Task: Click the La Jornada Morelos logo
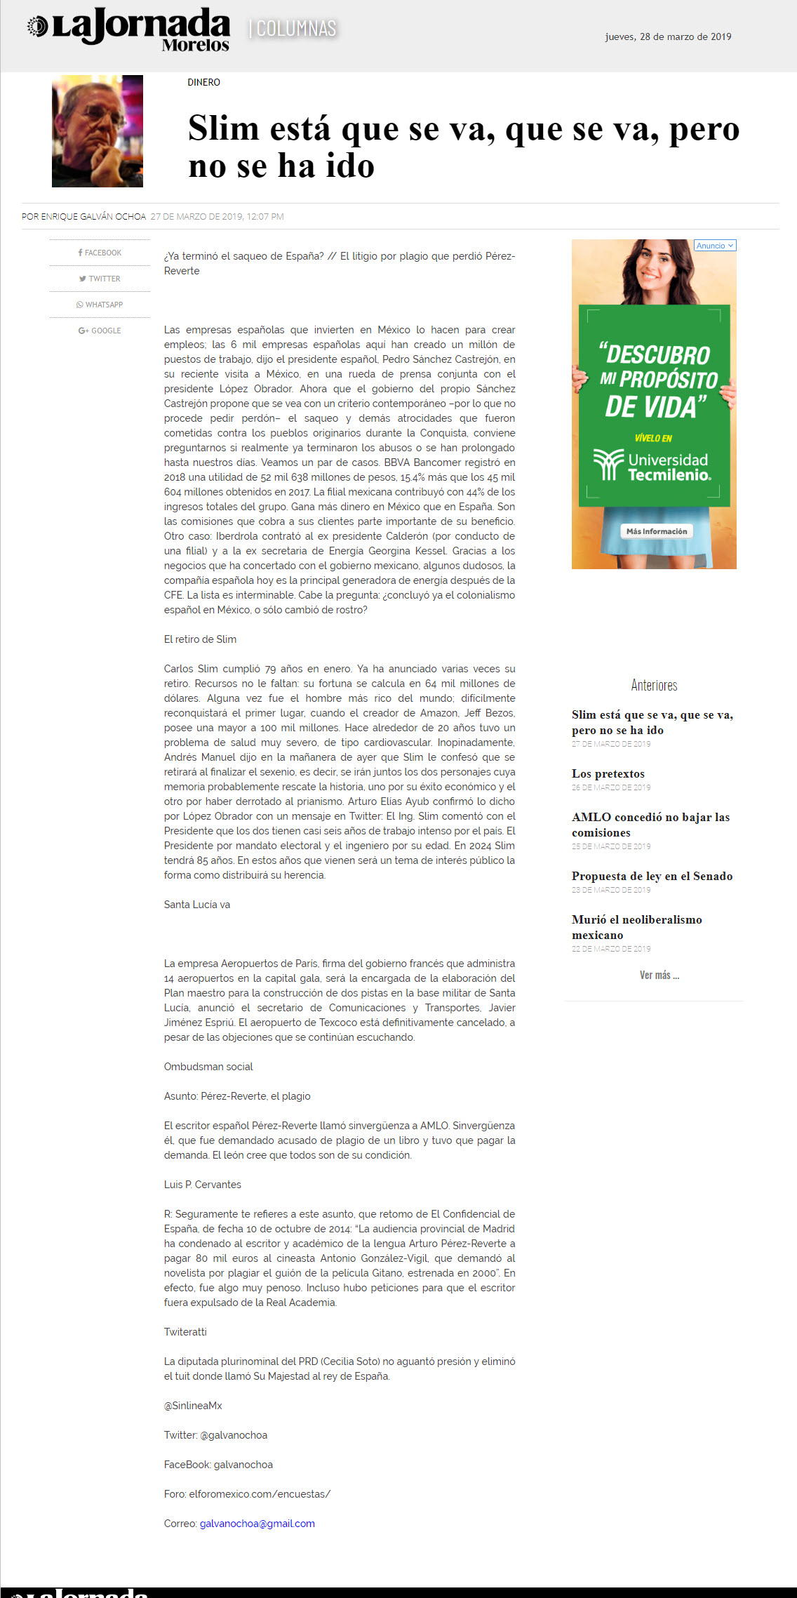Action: [x=129, y=30]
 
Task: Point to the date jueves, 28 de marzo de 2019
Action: [x=668, y=37]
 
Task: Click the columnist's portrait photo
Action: [x=98, y=131]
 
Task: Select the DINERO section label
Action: [x=203, y=83]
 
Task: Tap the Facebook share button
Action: [x=100, y=253]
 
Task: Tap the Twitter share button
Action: [x=100, y=279]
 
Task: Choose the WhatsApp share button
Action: [x=100, y=305]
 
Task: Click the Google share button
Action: [x=100, y=331]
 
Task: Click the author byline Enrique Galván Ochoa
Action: [x=93, y=217]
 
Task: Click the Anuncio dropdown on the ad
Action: [x=715, y=246]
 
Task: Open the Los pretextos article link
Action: [x=608, y=774]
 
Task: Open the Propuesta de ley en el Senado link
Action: [x=652, y=877]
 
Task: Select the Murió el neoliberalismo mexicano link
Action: [x=636, y=927]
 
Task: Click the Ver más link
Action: [x=659, y=976]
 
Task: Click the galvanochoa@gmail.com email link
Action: [x=257, y=1524]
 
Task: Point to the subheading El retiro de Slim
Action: [x=200, y=639]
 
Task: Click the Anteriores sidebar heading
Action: [x=654, y=685]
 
